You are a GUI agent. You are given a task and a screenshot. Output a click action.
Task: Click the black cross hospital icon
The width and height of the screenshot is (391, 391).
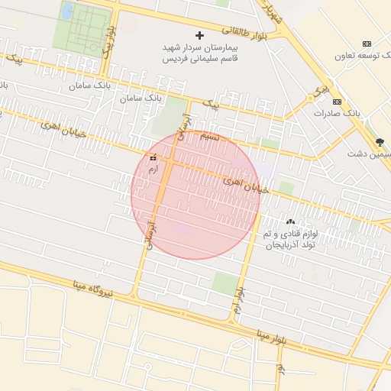[x=200, y=35]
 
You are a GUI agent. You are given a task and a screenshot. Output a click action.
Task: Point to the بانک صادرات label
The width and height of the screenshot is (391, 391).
[x=337, y=112]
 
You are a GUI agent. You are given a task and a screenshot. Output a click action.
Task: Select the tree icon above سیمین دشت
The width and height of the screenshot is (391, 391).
[x=380, y=142]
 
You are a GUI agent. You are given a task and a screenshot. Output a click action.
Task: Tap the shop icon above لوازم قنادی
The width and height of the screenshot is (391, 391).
[x=289, y=221]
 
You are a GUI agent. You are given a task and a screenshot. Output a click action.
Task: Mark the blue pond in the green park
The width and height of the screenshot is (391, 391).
[x=67, y=11]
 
